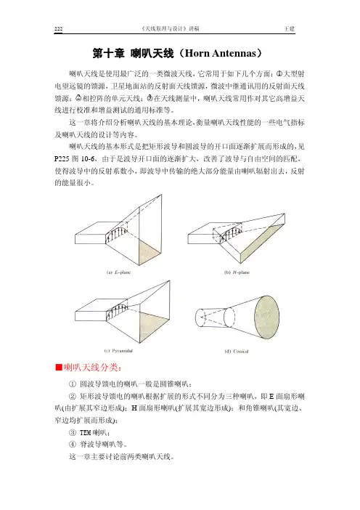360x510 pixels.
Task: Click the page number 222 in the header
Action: coord(59,28)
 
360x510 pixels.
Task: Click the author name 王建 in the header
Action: coord(289,28)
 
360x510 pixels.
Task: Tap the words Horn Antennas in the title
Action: coord(221,53)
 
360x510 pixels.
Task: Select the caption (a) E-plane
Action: coord(118,272)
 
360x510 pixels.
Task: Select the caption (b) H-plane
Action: coord(237,272)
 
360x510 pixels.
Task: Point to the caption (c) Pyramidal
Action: coord(118,351)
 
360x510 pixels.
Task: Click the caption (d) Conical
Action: coord(237,351)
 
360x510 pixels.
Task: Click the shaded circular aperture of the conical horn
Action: coord(266,317)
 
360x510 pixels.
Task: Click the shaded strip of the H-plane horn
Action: coord(263,243)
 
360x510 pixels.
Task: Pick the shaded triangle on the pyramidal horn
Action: coord(152,326)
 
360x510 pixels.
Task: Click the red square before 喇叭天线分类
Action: coord(59,367)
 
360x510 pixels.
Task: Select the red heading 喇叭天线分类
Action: coord(92,367)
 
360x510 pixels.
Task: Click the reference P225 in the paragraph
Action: coord(62,158)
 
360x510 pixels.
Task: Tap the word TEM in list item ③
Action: coord(85,432)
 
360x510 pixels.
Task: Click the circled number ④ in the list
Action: coord(73,445)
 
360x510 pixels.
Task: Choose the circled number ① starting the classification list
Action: coord(73,384)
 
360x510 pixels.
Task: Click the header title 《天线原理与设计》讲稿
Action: coord(171,28)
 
